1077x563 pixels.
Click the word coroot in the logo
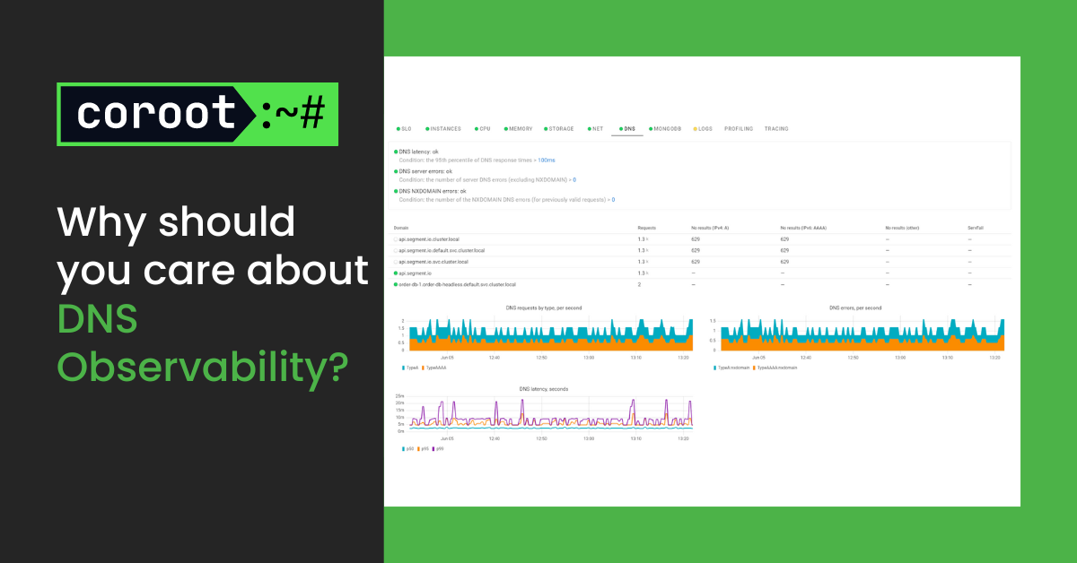coord(156,114)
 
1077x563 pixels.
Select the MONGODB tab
coord(667,129)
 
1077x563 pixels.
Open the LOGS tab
coord(705,129)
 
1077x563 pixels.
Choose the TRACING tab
coord(776,129)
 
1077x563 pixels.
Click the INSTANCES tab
coord(445,129)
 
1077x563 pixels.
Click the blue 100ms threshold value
coord(546,160)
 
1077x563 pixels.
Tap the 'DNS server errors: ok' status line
coord(425,170)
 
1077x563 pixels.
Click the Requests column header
coord(646,229)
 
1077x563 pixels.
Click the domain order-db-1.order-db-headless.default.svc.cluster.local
coord(457,284)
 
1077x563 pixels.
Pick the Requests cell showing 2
coord(639,284)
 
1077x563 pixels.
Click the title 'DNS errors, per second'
coord(855,307)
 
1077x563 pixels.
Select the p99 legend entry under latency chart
coord(440,448)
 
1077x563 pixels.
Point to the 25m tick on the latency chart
coord(400,396)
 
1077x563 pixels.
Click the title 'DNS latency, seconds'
coord(543,389)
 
